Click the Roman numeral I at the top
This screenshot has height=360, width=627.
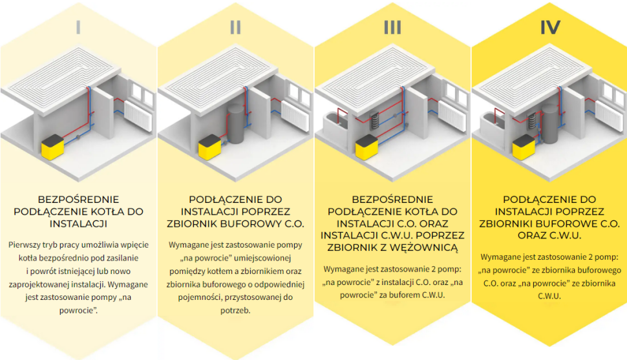coord(78,27)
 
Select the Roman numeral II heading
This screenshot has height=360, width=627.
coord(235,27)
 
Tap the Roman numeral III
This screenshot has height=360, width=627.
coord(392,27)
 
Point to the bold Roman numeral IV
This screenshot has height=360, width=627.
coord(549,27)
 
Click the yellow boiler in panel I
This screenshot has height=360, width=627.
coord(52,148)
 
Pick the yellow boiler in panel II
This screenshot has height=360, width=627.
coord(209,148)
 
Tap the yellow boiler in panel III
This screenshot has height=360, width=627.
coord(366,147)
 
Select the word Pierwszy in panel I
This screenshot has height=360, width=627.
coord(27,245)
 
